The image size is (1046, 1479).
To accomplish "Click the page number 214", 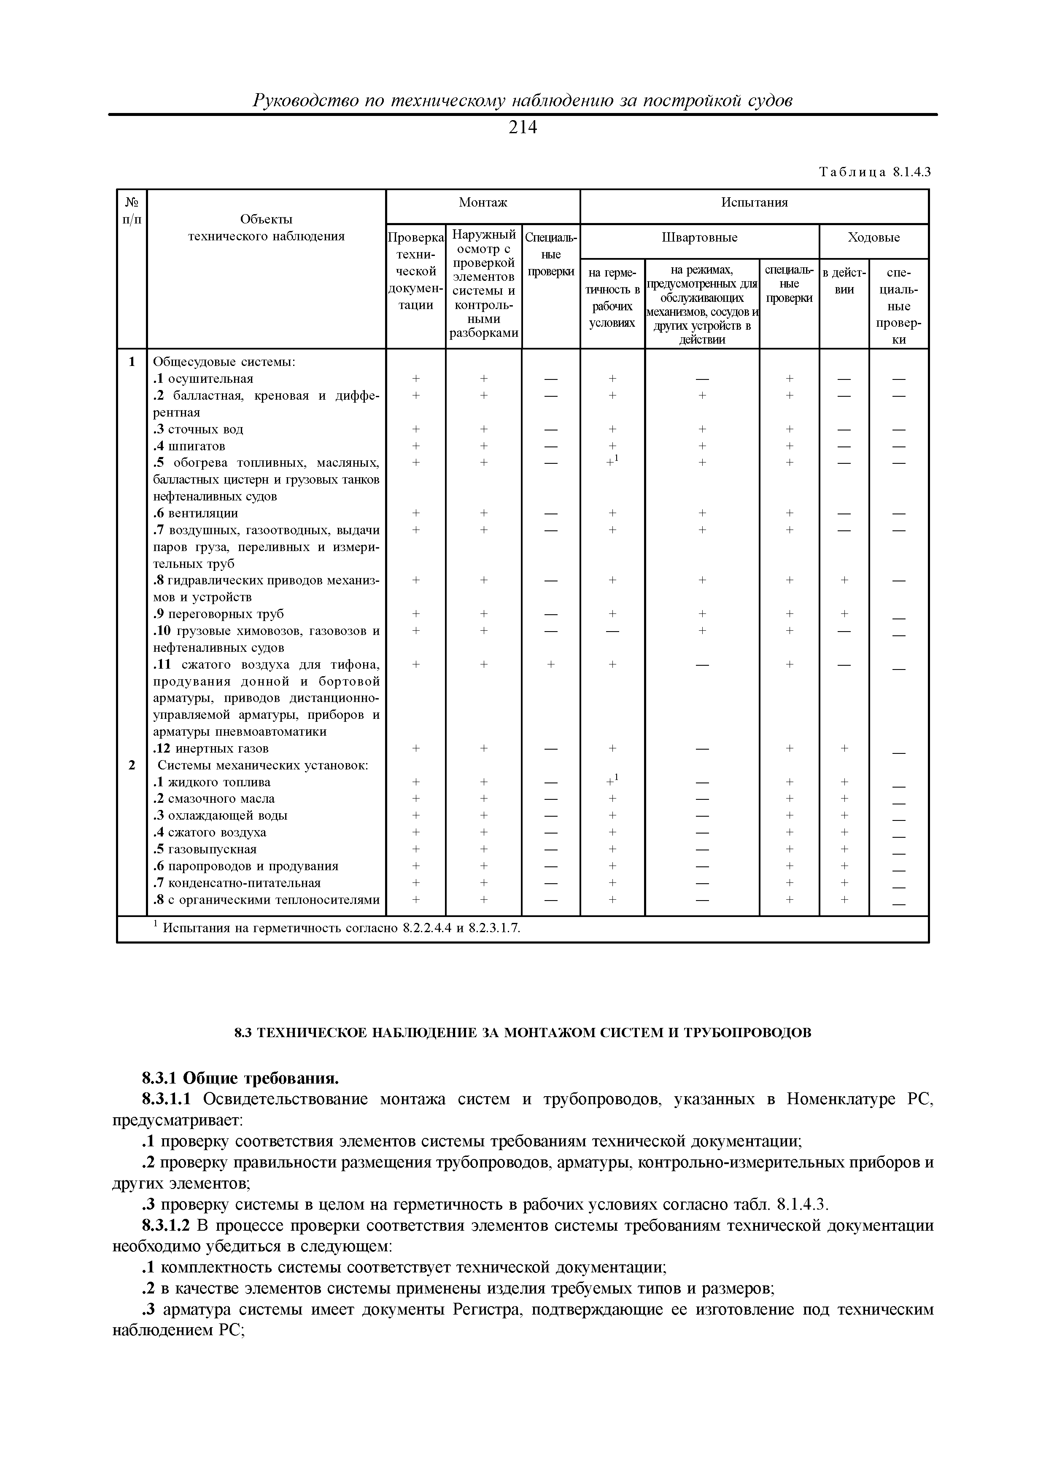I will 522,128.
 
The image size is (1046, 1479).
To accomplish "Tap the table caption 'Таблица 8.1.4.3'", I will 875,172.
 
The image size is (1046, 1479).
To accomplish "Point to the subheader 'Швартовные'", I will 699,238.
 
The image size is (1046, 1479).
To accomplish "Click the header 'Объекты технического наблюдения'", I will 266,228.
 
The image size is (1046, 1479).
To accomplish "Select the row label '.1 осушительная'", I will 203,379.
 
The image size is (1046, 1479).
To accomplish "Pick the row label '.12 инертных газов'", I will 211,748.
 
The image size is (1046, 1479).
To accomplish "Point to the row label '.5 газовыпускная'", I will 205,849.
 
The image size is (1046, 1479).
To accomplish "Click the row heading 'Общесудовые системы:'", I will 224,362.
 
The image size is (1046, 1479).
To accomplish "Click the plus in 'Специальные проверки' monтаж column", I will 551,664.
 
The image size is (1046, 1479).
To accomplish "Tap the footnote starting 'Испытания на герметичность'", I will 340,928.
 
